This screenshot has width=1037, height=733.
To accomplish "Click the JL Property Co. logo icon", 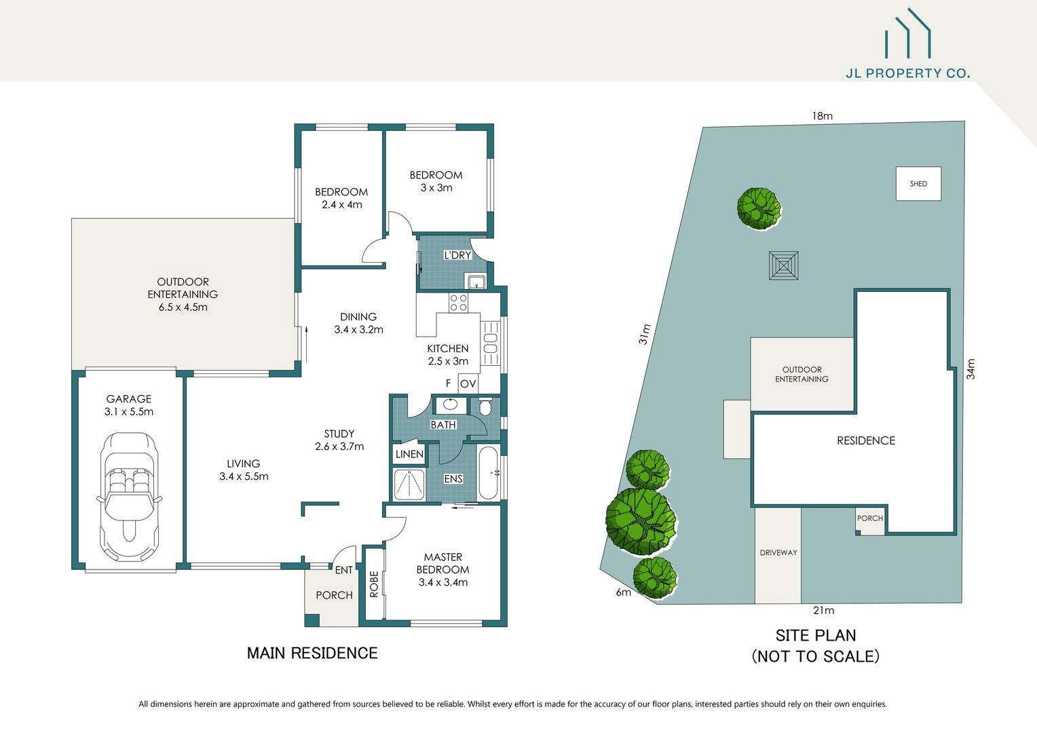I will pos(907,34).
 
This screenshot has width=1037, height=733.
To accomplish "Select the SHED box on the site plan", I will pos(918,184).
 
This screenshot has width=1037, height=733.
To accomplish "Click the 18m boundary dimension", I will pos(822,116).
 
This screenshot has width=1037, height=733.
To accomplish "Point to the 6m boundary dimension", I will pos(623,592).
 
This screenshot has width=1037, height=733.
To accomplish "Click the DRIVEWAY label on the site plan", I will pos(778,552).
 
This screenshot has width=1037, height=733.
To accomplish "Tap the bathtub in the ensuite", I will pos(488,473).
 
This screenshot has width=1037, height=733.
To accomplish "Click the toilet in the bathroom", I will pos(485,407).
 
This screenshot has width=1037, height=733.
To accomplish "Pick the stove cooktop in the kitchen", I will pos(458,303).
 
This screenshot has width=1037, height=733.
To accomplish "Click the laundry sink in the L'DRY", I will pos(475,281).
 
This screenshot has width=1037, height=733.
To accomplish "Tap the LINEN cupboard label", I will pos(409,454).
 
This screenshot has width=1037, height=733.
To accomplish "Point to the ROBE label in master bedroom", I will pos(374,584).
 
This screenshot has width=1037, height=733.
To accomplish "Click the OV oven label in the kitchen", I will pos(468,384).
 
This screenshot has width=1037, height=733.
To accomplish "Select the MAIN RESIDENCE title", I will pos(312,653).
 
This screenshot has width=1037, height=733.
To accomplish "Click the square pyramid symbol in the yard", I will pos(783,265).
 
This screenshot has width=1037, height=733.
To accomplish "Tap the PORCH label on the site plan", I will pos(869,518).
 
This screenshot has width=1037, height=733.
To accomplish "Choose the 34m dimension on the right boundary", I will pos(970,369).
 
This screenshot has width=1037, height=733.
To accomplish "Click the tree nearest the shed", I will pos(759,208).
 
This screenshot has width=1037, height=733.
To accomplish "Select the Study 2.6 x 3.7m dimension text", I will pos(339,447).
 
